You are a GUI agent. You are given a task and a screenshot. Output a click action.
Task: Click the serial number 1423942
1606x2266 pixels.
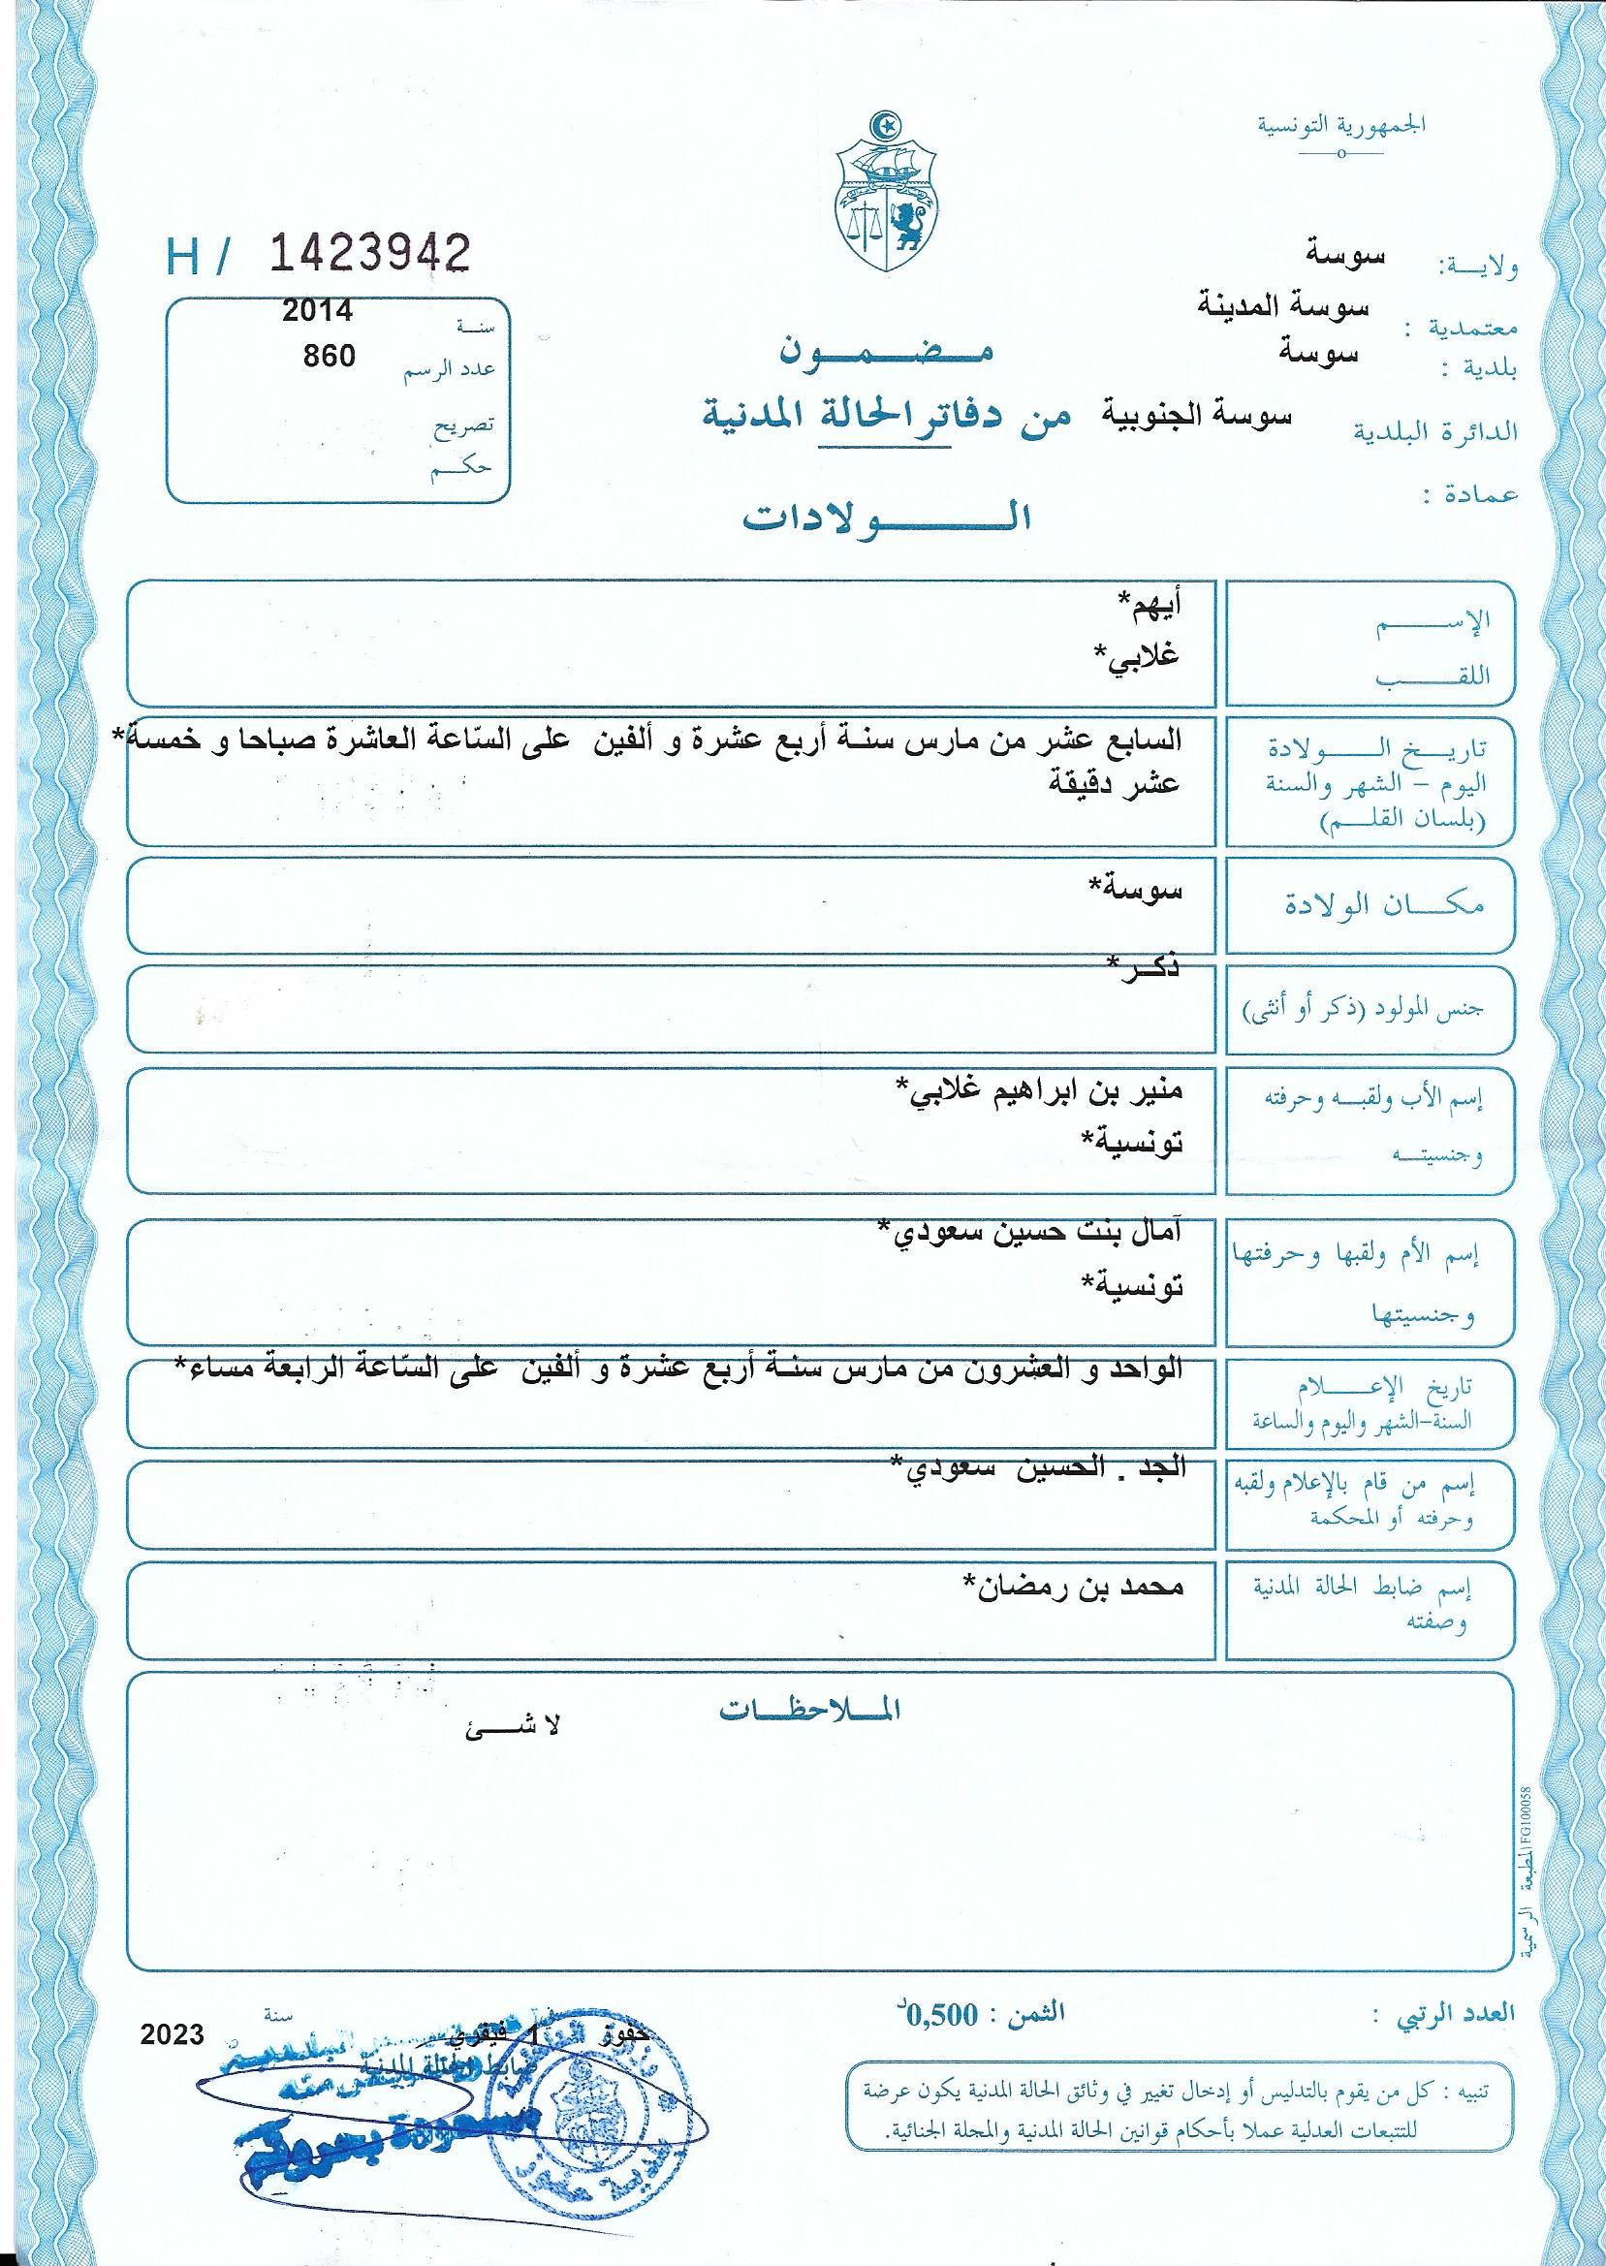tap(369, 255)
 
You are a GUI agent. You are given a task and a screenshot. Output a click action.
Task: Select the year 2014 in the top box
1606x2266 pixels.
tap(318, 310)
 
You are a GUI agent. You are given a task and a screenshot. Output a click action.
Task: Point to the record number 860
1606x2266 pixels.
tap(330, 355)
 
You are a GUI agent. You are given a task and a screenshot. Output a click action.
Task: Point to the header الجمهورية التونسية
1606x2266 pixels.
tap(1341, 127)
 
